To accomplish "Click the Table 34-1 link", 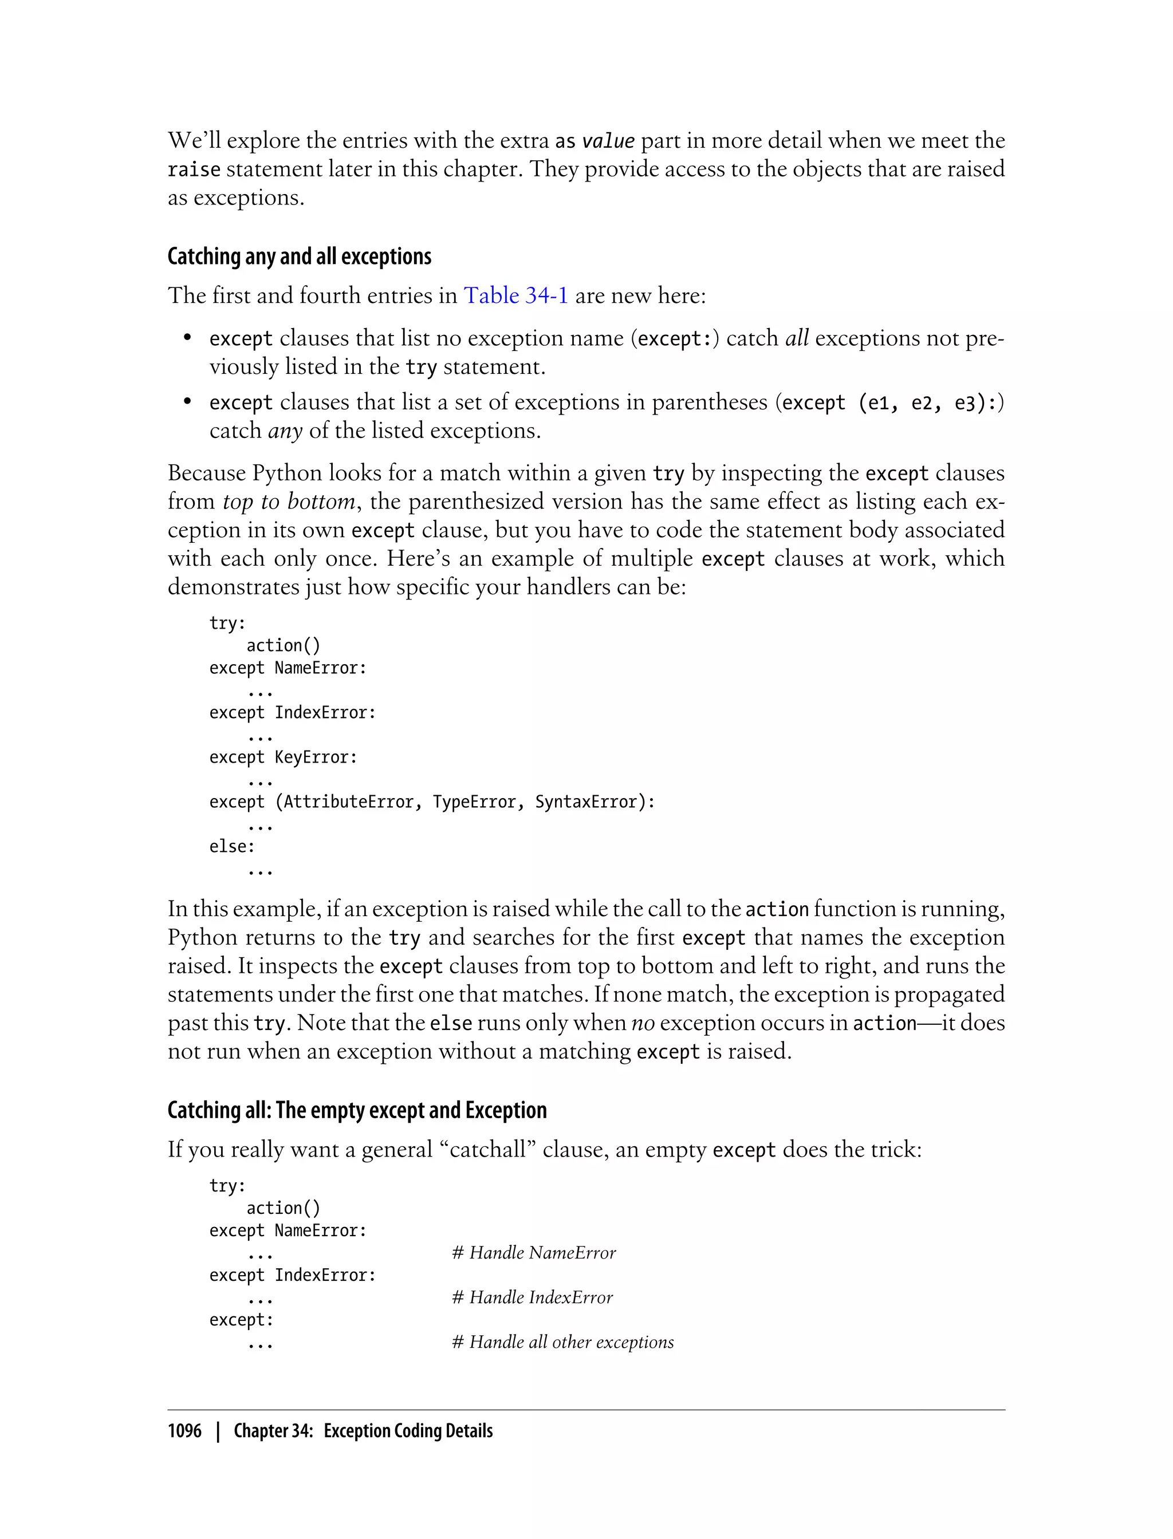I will point(515,296).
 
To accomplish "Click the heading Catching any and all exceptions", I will point(299,257).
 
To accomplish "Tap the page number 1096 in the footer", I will point(184,1431).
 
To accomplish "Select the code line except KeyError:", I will point(283,757).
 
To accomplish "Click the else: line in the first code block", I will point(232,847).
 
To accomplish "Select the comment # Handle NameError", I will point(533,1253).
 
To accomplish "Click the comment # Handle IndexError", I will point(532,1297).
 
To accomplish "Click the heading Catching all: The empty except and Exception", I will point(357,1111).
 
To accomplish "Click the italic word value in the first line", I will point(608,141).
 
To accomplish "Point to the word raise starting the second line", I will point(194,169).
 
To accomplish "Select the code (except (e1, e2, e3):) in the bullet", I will point(889,402).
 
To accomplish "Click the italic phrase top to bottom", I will point(288,502).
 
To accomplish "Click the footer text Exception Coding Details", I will point(408,1431).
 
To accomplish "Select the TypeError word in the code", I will point(474,802).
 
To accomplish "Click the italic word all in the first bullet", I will point(797,338).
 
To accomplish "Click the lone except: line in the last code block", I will point(241,1320).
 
